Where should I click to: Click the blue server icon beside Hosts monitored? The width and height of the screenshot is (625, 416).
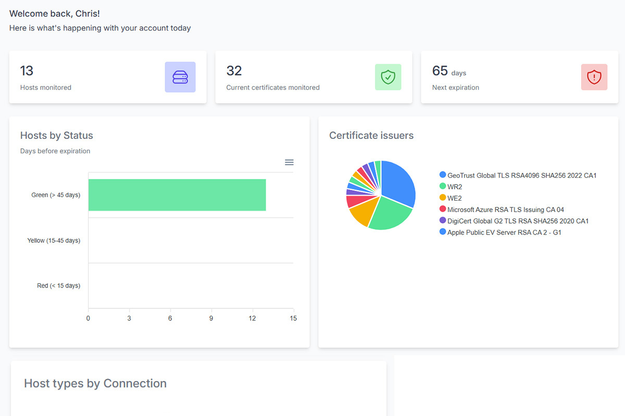tap(180, 77)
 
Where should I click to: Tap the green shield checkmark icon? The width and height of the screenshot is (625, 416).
tap(388, 77)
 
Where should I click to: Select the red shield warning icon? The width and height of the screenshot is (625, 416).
tap(594, 77)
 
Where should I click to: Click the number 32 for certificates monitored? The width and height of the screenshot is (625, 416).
tap(234, 71)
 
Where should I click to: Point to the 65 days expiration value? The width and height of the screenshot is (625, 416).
tap(440, 71)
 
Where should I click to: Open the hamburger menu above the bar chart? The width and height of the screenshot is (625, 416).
tap(289, 162)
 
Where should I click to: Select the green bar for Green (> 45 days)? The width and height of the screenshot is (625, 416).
tap(177, 195)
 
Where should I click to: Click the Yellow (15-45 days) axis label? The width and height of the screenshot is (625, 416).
tap(54, 241)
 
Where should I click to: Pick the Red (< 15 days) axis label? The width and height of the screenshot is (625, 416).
tap(58, 286)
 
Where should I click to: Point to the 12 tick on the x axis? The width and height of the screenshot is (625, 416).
tap(252, 318)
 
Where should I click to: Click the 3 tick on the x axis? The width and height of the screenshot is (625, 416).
tap(129, 318)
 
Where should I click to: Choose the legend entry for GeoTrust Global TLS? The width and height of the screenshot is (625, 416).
tap(521, 175)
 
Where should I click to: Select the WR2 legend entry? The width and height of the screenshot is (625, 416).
tap(454, 187)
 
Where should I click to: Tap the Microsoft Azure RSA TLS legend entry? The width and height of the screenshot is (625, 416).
tap(505, 210)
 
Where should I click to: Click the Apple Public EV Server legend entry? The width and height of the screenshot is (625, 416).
tap(504, 232)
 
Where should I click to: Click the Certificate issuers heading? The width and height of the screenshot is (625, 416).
tap(371, 136)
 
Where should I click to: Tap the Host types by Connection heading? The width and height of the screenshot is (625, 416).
tap(95, 384)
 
